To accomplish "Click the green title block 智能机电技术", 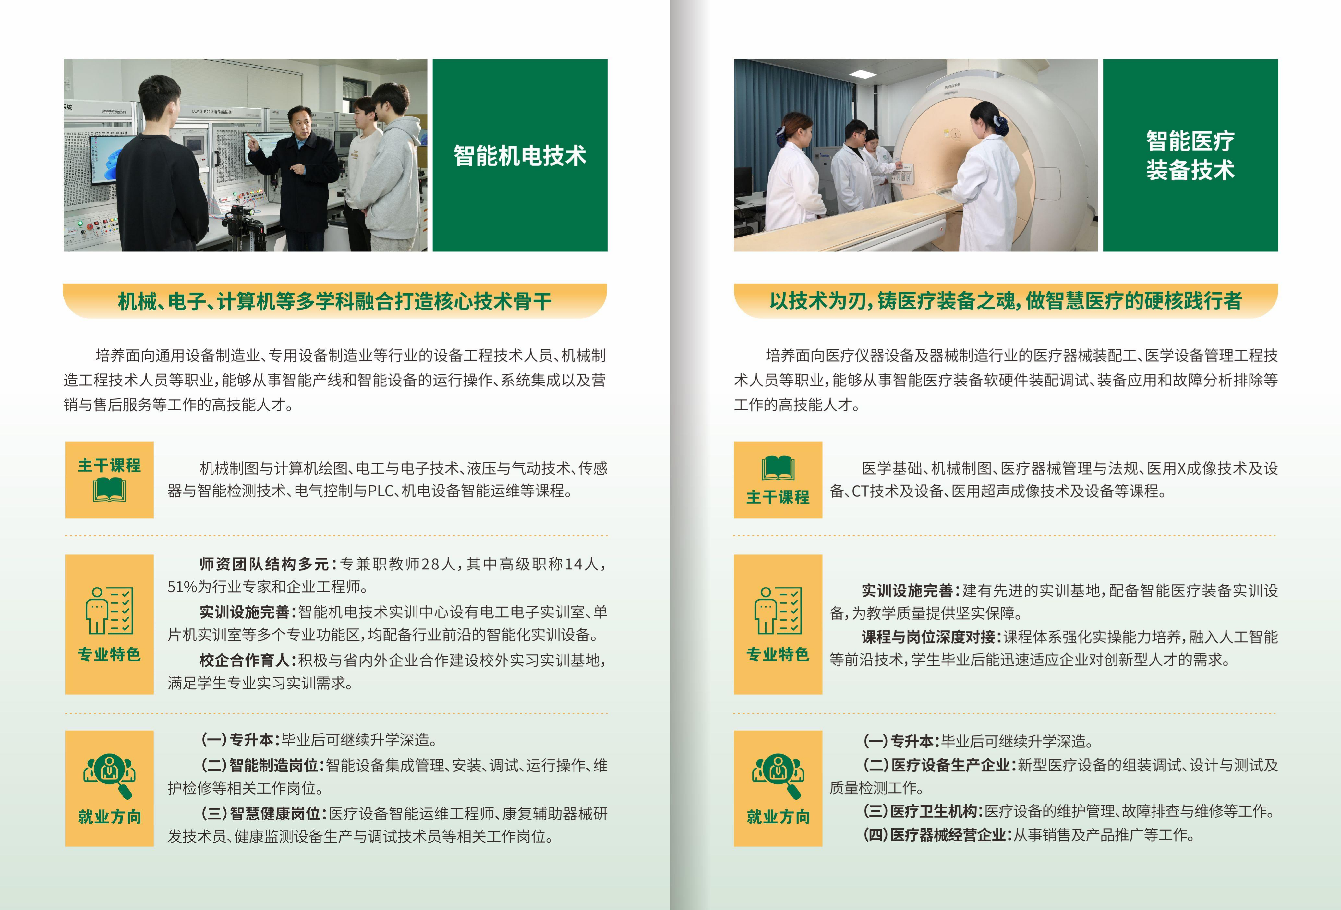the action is pyautogui.click(x=520, y=155).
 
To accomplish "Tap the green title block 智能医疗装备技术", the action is pyautogui.click(x=1190, y=155).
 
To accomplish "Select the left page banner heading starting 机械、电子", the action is pyautogui.click(x=335, y=301).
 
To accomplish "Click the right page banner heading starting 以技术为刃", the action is pyautogui.click(x=1005, y=301).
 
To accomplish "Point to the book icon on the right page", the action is pyautogui.click(x=778, y=468).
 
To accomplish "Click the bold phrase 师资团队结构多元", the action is pyautogui.click(x=264, y=564).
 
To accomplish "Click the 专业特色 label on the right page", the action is pyautogui.click(x=778, y=654).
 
